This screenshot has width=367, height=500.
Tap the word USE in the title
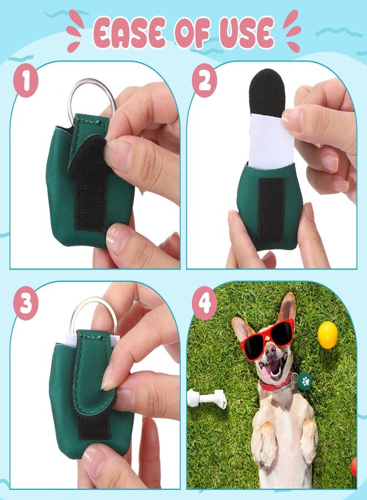(246, 33)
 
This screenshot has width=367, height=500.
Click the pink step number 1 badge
(26, 81)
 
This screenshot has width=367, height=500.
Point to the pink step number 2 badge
(204, 81)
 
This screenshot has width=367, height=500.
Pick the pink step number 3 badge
(26, 303)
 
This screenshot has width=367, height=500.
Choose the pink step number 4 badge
(204, 303)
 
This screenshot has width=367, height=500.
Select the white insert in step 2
(271, 141)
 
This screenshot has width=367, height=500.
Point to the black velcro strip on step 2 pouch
(271, 210)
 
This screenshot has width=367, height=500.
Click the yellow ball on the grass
(328, 335)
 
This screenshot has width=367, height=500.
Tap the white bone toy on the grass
(207, 398)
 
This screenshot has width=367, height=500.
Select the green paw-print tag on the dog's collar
(305, 381)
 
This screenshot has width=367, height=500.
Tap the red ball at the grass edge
(354, 467)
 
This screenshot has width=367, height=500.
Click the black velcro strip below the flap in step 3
(94, 426)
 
